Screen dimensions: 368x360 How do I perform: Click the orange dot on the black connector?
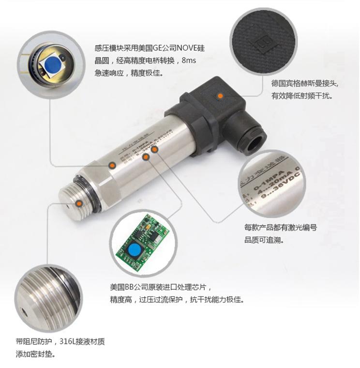[x=221, y=96]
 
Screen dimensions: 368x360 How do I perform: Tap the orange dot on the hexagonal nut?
[x=112, y=166]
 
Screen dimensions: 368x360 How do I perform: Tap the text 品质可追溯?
[x=263, y=240]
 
